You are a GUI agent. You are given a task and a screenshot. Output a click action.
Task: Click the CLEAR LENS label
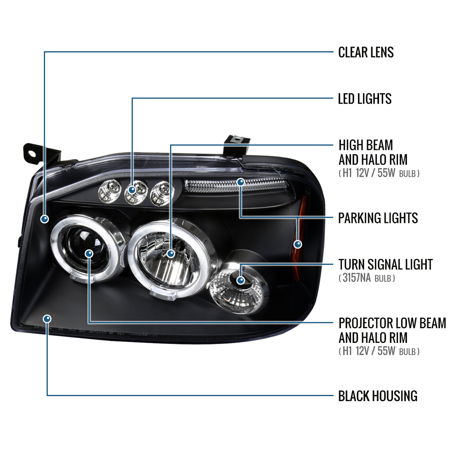coord(366,52)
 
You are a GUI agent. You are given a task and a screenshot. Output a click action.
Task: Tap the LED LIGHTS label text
coord(365,99)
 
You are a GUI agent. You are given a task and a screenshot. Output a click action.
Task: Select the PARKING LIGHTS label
coord(378,218)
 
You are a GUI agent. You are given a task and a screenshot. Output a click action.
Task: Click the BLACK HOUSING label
coord(377,396)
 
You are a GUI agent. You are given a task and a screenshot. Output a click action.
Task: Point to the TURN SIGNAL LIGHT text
coord(385,265)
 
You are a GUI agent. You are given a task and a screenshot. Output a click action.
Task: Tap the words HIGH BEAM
coord(366,146)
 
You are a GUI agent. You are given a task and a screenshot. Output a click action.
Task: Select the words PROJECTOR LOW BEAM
coord(392,323)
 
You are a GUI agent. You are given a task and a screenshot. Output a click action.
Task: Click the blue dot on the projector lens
coord(89,254)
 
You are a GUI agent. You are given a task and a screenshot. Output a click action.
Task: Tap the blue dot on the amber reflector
coord(298,244)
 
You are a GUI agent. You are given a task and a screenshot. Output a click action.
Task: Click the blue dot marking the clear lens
coord(45,219)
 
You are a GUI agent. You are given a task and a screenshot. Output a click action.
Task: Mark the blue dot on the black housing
coord(47,319)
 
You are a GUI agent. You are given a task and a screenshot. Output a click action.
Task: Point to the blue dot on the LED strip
coord(241,182)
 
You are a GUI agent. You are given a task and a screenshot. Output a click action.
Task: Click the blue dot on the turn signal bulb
coord(241,280)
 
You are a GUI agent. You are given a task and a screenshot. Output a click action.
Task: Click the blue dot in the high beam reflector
coord(170,254)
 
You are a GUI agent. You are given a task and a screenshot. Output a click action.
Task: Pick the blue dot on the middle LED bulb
coord(132,190)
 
